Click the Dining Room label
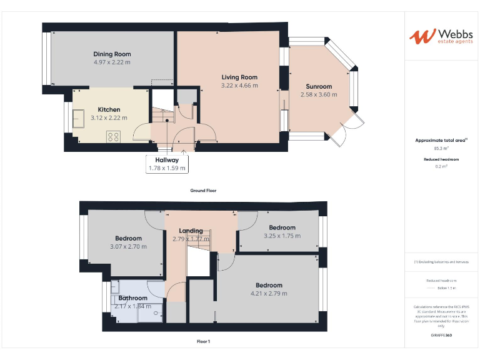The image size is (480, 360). pyautogui.click(x=112, y=54)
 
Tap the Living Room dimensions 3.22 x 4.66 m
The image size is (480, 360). pyautogui.click(x=239, y=86)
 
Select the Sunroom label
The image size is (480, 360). pyautogui.click(x=319, y=87)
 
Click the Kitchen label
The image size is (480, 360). pyautogui.click(x=109, y=109)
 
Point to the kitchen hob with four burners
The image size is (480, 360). pyautogui.click(x=113, y=136)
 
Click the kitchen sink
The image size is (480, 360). pyautogui.click(x=79, y=119)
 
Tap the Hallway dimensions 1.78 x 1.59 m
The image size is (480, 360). pyautogui.click(x=167, y=168)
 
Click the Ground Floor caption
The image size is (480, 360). pyautogui.click(x=203, y=191)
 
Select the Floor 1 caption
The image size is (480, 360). pyautogui.click(x=203, y=341)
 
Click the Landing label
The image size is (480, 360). pyautogui.click(x=191, y=231)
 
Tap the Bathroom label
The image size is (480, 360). pyautogui.click(x=133, y=298)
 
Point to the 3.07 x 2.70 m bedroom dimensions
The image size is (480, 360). pyautogui.click(x=129, y=247)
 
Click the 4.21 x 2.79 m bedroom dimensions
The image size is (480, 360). pyautogui.click(x=269, y=294)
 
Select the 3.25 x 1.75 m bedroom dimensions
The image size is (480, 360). pyautogui.click(x=282, y=236)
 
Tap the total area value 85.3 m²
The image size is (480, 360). pyautogui.click(x=441, y=149)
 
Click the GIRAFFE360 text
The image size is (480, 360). pyautogui.click(x=441, y=336)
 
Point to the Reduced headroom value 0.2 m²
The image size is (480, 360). pyautogui.click(x=441, y=167)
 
